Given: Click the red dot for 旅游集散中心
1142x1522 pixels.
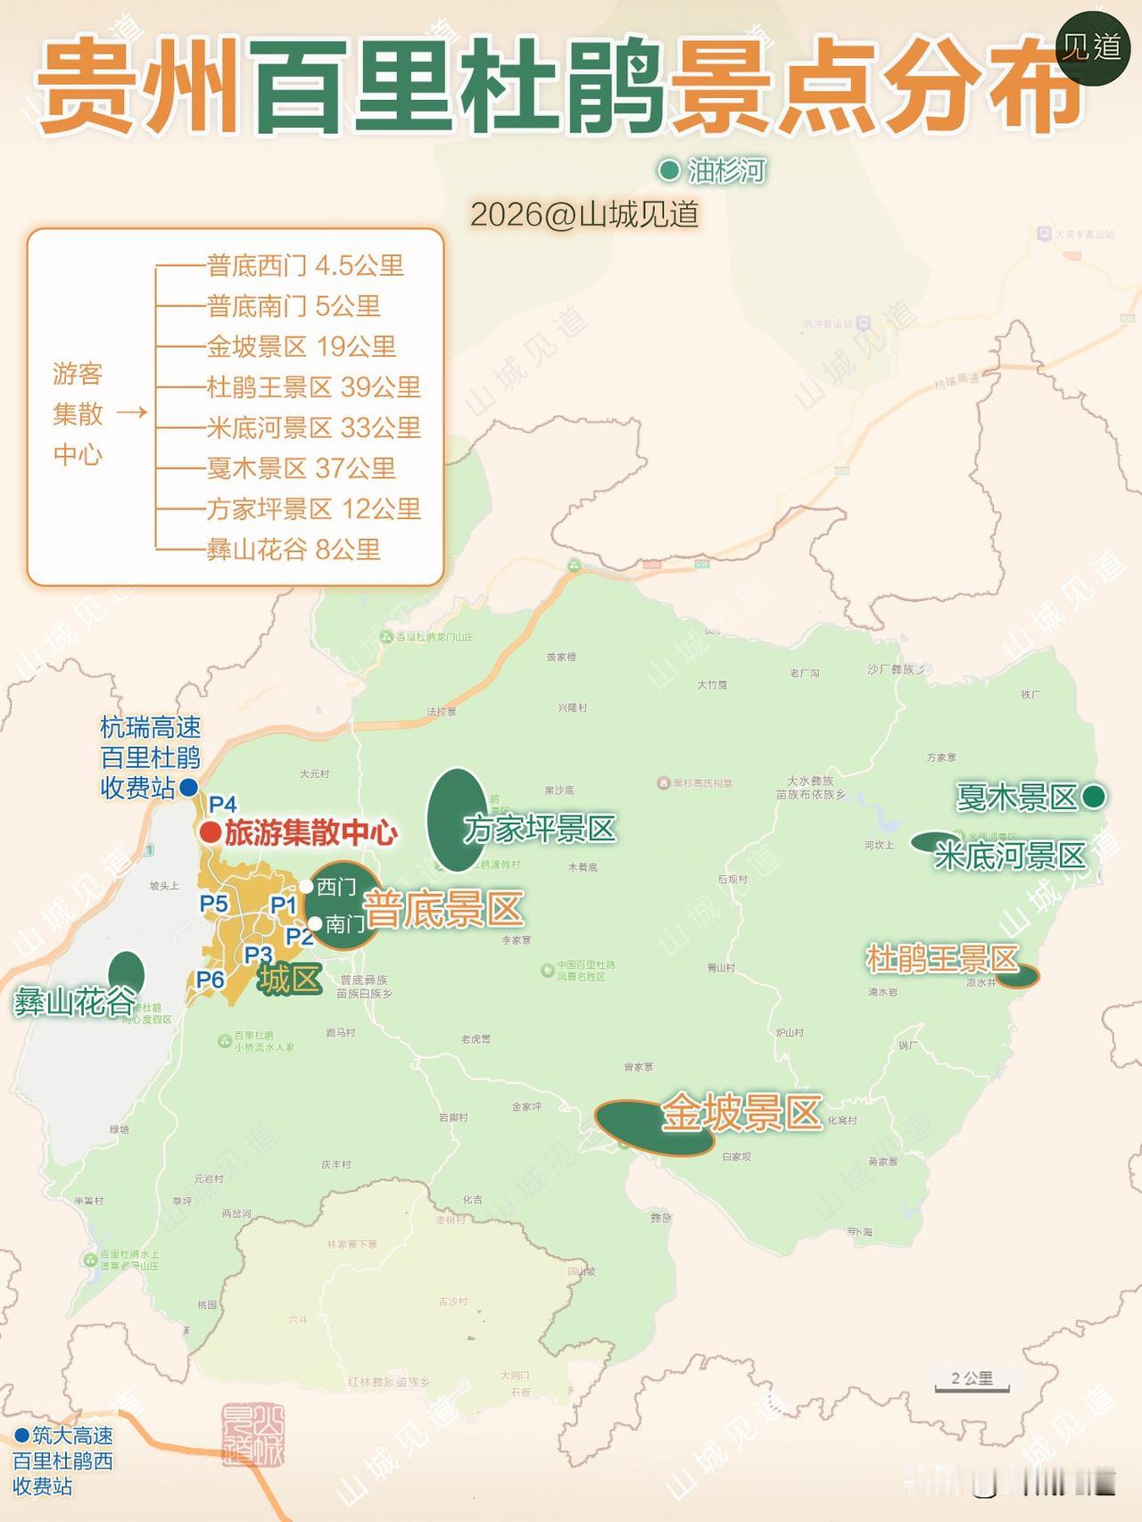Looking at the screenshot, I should [x=210, y=832].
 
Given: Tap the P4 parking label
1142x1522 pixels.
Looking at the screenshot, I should [x=223, y=805].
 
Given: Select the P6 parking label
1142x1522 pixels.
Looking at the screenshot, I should [x=211, y=980].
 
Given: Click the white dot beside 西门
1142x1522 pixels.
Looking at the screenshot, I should [x=306, y=886].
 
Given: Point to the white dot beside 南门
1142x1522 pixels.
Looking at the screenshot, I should [x=314, y=923].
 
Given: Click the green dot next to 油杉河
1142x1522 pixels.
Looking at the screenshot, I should [x=668, y=170].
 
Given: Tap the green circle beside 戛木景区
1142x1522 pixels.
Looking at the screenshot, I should [x=1093, y=797].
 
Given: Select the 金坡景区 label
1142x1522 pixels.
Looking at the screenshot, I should [x=741, y=1113].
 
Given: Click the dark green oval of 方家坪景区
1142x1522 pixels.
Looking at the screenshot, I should [x=456, y=819].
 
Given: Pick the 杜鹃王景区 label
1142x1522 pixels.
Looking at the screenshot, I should [x=942, y=959].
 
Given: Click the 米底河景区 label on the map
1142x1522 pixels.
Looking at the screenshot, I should [x=1009, y=856].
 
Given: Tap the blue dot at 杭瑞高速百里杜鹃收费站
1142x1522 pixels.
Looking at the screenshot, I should [x=188, y=788].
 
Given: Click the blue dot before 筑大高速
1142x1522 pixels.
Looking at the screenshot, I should [x=21, y=1435].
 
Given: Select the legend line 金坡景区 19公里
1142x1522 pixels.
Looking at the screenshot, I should [x=301, y=346].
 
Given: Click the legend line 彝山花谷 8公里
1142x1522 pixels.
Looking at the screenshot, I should [x=294, y=549].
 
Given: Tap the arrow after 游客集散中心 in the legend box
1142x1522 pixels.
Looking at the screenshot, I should [x=132, y=412].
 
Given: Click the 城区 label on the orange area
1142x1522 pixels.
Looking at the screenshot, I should [x=289, y=980].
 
